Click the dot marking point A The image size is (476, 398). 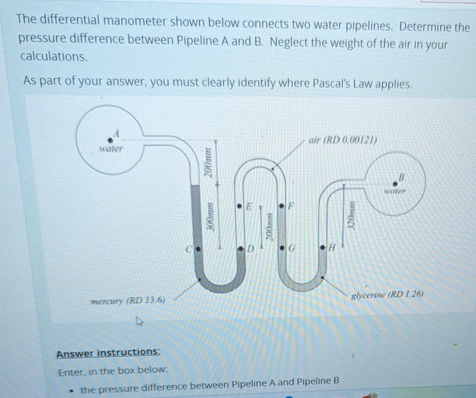[x=110, y=140]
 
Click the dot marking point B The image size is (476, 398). [x=395, y=183]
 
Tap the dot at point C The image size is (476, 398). [x=198, y=249]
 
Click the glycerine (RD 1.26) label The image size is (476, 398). [x=387, y=295]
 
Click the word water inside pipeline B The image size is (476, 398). [x=395, y=191]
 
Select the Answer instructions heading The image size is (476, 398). [x=108, y=353]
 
